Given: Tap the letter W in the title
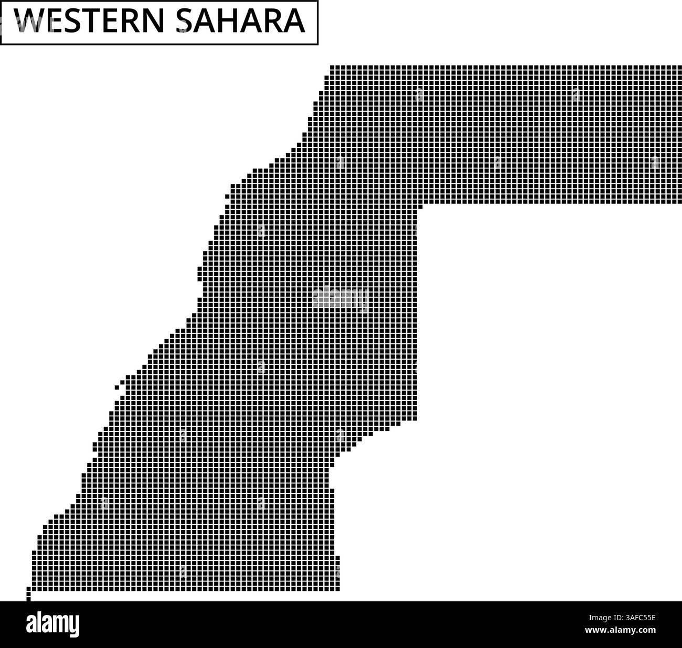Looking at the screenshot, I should [26, 21].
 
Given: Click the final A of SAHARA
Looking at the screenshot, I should [295, 21].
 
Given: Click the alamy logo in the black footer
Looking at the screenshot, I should [52, 624].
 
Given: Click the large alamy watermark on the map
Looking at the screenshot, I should [340, 298].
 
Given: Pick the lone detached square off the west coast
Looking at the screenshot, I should [117, 387].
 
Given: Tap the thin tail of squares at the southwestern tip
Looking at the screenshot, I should [28, 595].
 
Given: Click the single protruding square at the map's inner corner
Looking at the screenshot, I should [420, 207].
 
